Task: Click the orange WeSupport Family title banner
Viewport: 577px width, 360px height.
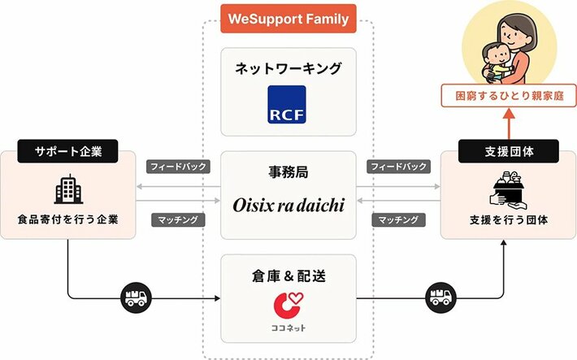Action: (x=288, y=19)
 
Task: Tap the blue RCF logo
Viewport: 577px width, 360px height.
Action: (x=287, y=105)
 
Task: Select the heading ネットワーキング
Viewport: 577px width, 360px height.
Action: (x=288, y=68)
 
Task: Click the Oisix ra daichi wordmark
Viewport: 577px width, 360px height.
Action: (x=288, y=205)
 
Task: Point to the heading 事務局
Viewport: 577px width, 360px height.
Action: (x=288, y=172)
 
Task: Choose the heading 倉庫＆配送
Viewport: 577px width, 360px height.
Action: (x=288, y=275)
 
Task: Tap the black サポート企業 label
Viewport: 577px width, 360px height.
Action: (x=67, y=151)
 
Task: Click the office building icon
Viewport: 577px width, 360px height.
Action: (x=68, y=189)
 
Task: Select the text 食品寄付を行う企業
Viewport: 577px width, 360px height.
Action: (x=68, y=219)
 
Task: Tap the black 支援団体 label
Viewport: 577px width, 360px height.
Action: (x=509, y=151)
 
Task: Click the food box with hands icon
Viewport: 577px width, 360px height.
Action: (x=509, y=189)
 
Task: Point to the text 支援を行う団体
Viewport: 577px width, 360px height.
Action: (x=509, y=219)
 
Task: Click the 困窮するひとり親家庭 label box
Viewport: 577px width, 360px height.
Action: (x=509, y=96)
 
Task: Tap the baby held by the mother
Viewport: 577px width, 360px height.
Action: (x=496, y=62)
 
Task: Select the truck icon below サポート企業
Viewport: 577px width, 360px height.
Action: (x=137, y=297)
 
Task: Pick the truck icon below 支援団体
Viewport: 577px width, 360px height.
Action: (x=440, y=297)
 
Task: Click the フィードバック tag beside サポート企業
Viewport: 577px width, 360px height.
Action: (x=178, y=167)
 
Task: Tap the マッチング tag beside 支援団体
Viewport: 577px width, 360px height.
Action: (x=398, y=219)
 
